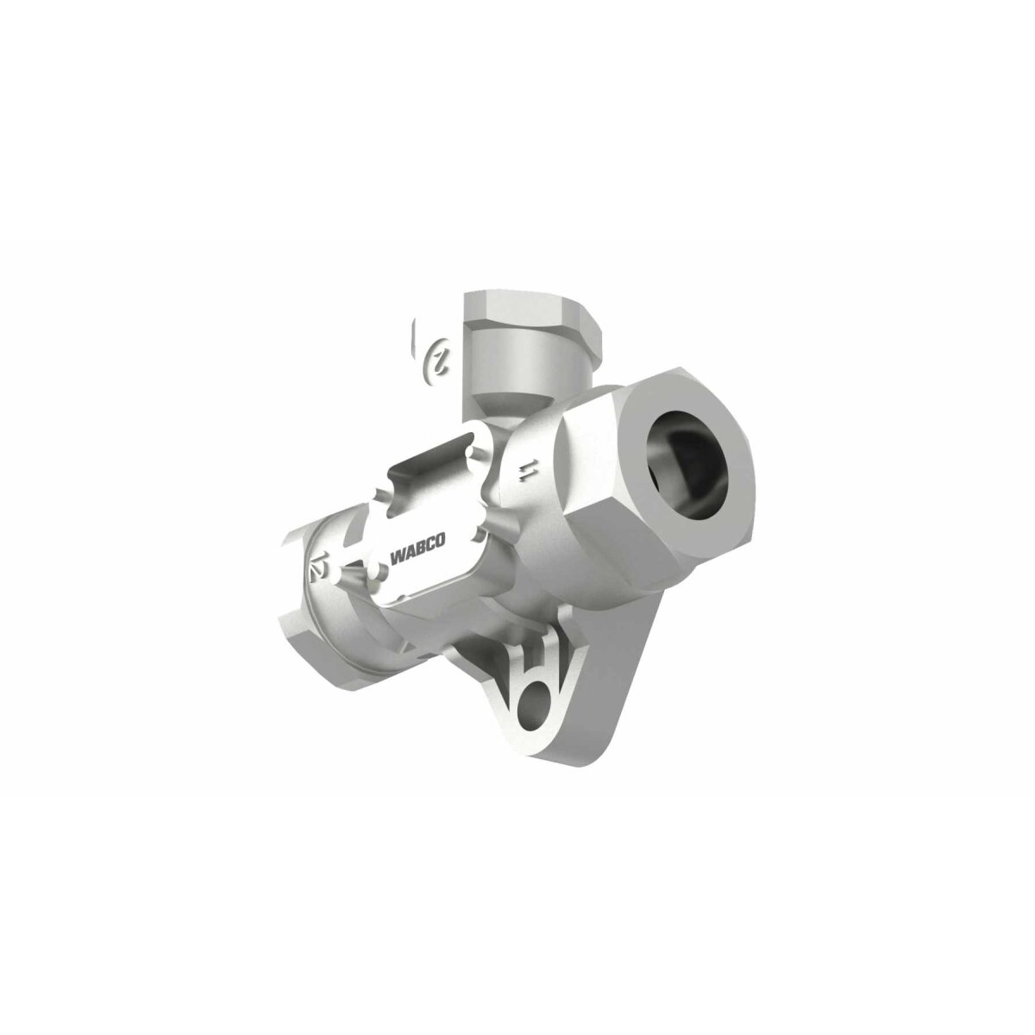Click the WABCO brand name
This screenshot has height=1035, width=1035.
coord(417,550)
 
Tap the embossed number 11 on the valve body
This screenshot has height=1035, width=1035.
coord(525,471)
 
